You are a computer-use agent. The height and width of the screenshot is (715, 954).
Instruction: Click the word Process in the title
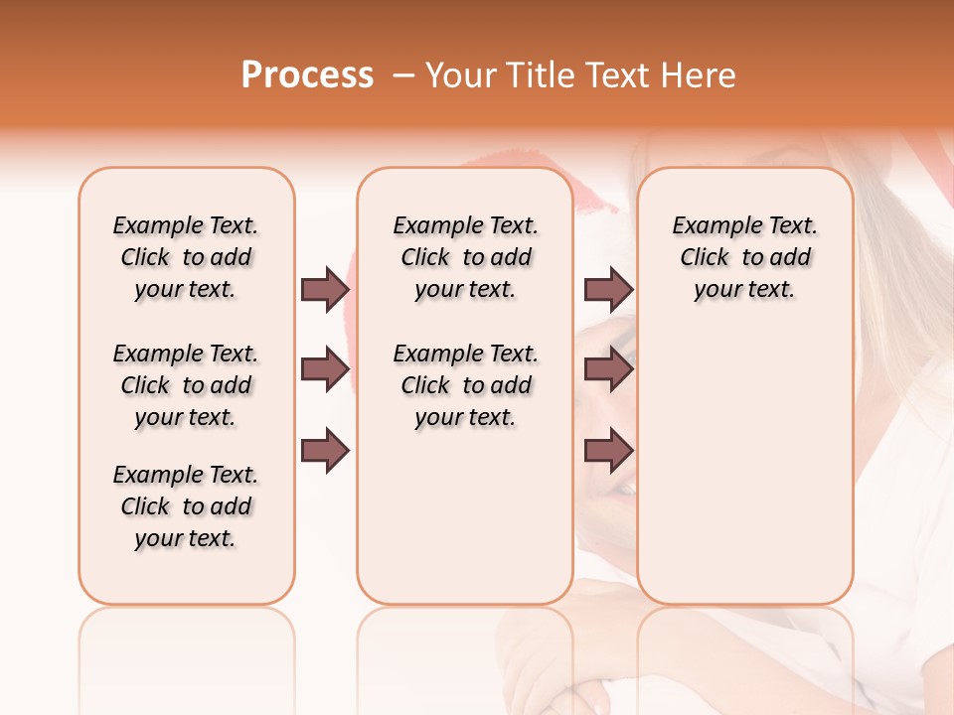307,75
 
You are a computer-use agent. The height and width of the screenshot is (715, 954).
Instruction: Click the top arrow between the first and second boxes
325,289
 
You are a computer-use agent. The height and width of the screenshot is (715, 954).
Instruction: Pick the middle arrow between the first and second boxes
325,369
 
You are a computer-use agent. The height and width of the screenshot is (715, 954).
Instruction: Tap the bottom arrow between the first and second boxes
325,452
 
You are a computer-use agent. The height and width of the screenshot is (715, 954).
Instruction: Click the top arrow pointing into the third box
608,289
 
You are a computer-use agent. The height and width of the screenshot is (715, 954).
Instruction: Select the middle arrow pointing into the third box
608,369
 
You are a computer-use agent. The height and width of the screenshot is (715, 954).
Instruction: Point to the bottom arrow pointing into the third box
608,452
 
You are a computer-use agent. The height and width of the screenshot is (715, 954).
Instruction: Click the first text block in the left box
186,257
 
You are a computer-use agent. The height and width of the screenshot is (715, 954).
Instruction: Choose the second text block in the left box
186,385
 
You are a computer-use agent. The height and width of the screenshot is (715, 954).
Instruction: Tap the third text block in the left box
186,506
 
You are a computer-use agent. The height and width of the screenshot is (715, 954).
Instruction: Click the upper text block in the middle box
465,257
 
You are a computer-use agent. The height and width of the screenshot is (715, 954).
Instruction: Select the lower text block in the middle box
465,385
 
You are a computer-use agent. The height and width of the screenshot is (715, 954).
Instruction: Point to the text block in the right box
744,257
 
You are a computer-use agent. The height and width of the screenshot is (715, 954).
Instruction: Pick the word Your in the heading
456,75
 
